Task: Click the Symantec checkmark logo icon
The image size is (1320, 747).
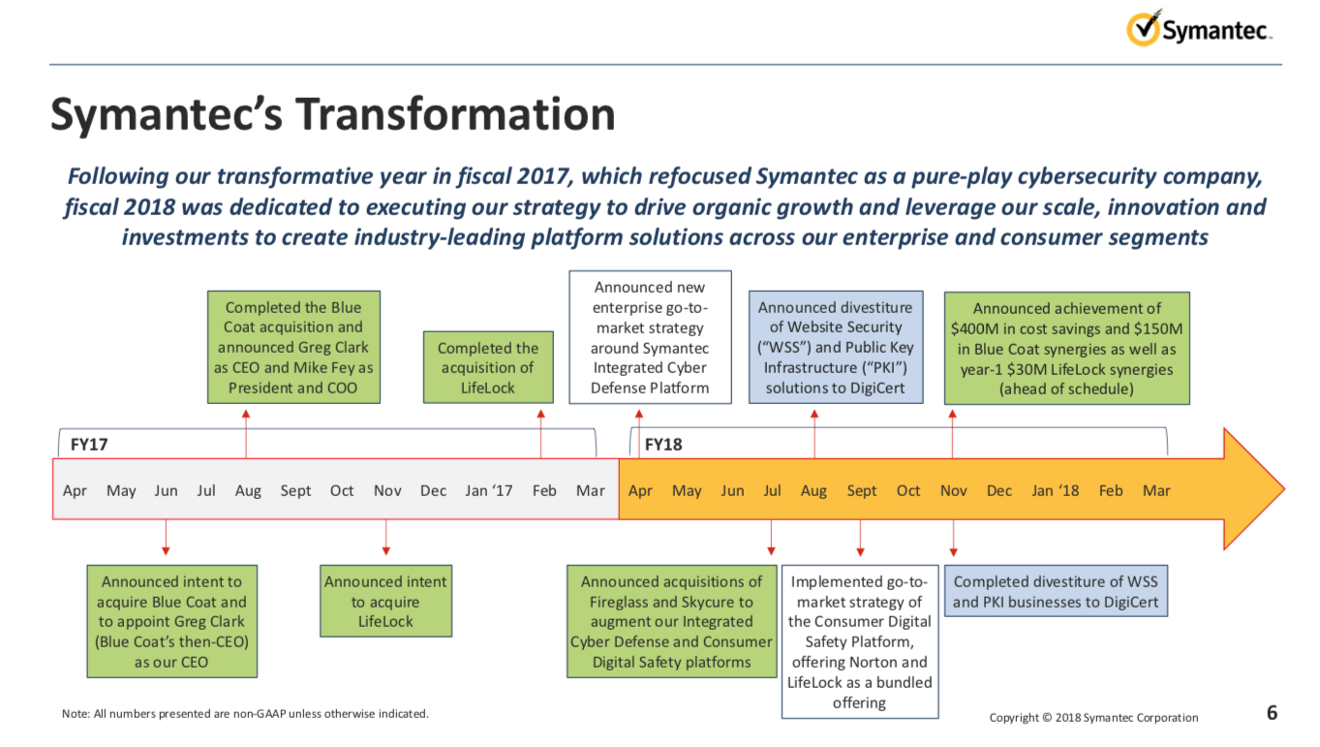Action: (1143, 28)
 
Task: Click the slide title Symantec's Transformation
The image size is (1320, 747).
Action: (332, 113)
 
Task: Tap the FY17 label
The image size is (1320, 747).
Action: (88, 444)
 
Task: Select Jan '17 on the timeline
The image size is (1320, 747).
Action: (488, 490)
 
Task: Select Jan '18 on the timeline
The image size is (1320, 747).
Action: (1055, 490)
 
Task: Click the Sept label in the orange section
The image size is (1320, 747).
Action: (861, 490)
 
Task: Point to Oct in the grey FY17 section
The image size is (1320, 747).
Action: (342, 490)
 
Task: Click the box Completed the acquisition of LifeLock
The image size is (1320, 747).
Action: (487, 367)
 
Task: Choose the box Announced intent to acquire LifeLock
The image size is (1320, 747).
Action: (385, 601)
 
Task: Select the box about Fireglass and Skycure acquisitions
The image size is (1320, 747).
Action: (671, 621)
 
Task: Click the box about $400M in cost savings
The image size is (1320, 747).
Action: (1066, 348)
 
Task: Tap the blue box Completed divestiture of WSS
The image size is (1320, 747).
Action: (1056, 591)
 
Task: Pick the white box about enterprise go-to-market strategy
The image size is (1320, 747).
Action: (650, 337)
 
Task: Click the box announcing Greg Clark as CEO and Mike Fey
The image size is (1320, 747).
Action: (293, 347)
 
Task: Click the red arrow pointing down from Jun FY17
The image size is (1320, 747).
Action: (166, 538)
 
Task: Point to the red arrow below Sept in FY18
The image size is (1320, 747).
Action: (860, 538)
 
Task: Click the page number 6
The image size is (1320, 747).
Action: (1272, 713)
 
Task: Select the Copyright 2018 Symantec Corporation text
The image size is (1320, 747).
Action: (1093, 718)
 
